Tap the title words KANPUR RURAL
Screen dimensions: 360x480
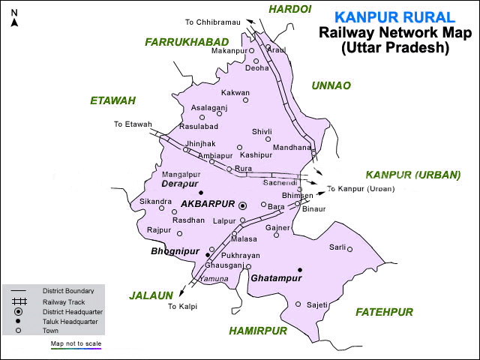(x=394, y=17)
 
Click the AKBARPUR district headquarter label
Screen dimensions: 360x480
(x=207, y=204)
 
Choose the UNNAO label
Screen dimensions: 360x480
(x=331, y=85)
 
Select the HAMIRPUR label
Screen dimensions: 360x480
(x=258, y=330)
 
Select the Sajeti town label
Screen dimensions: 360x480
(x=318, y=304)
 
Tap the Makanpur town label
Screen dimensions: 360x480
(x=229, y=50)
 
